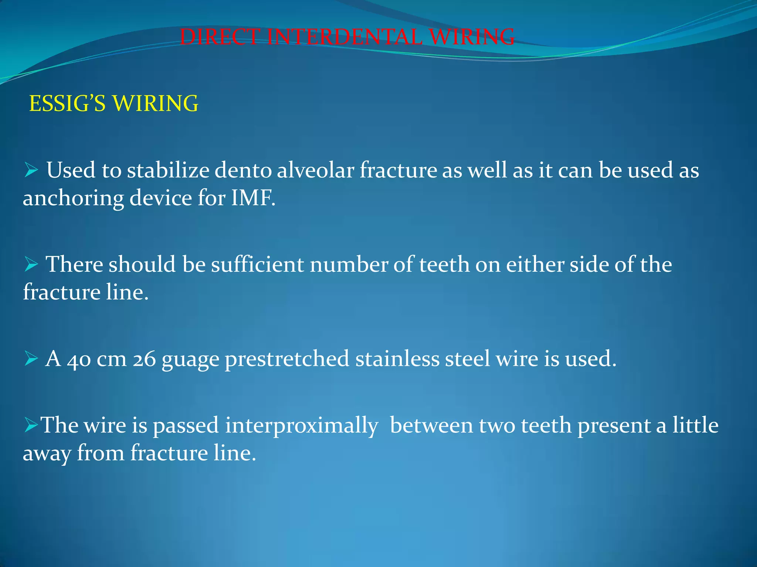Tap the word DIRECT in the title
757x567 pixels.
click(x=220, y=37)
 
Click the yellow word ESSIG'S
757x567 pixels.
click(x=67, y=103)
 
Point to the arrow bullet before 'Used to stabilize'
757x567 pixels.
click(x=31, y=170)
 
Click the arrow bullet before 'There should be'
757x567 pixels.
click(x=31, y=264)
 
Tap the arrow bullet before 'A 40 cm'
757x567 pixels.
click(x=31, y=358)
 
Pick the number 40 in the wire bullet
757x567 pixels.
click(x=79, y=359)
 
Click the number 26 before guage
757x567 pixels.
click(x=144, y=359)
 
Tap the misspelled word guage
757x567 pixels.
click(x=190, y=360)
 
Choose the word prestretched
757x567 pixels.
click(x=287, y=359)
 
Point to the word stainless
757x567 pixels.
click(x=397, y=358)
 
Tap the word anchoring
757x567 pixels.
click(x=73, y=199)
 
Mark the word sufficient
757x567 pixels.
click(x=257, y=264)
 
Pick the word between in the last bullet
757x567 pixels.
click(x=431, y=425)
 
